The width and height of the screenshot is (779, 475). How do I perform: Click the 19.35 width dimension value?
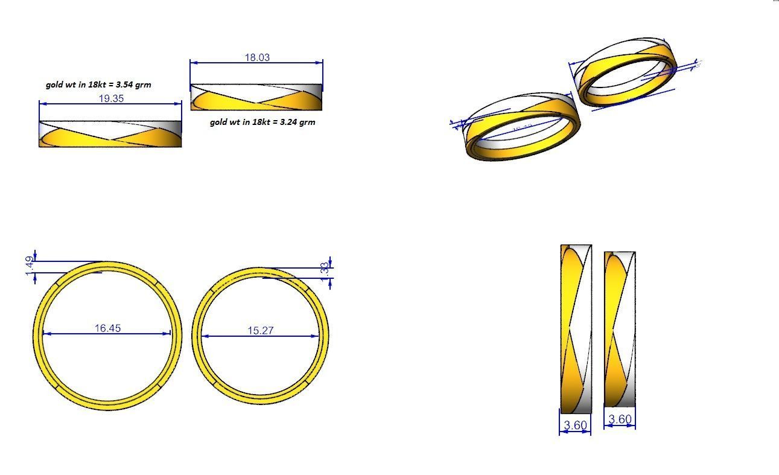[x=111, y=98]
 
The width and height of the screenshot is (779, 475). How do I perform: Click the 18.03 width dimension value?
[x=257, y=57]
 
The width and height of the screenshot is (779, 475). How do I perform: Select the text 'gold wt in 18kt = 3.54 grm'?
[x=98, y=84]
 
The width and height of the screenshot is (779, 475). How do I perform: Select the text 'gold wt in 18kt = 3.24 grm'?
[x=262, y=122]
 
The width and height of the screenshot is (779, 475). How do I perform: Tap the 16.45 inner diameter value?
[x=107, y=328]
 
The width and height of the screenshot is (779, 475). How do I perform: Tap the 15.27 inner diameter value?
[x=261, y=330]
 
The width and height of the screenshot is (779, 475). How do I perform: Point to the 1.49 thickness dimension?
[x=30, y=267]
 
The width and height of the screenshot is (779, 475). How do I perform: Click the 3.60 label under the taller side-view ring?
[x=575, y=426]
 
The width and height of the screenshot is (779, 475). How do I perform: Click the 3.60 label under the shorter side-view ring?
[x=620, y=419]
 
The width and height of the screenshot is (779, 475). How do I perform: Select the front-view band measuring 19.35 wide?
[x=110, y=134]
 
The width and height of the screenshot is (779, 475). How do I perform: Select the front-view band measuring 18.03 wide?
[x=256, y=97]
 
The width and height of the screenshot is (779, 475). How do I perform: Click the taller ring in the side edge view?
[x=576, y=329]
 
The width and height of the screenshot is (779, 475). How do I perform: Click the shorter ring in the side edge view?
[x=620, y=329]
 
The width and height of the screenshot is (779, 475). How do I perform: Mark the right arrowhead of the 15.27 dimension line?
[x=316, y=336]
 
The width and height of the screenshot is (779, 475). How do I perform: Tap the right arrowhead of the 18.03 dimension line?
[x=319, y=62]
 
